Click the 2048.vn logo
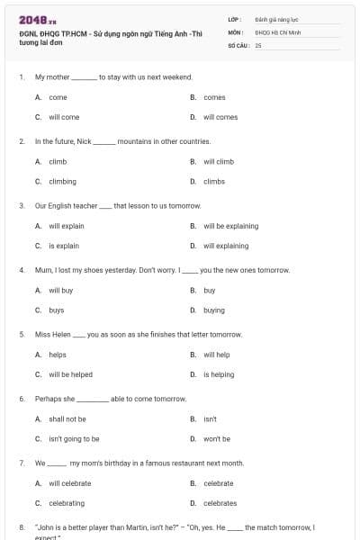pos(31,20)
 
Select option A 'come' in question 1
pos(58,97)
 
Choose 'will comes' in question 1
pos(220,117)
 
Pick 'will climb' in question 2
pos(218,162)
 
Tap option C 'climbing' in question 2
pos(62,181)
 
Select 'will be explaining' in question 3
pos(230,226)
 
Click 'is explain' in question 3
pos(64,246)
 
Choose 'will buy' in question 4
pos(60,291)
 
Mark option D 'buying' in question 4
pos(214,310)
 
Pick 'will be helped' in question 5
pos(70,374)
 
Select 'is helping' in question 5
pos(218,374)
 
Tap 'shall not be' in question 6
pos(67,418)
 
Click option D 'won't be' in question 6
pos(216,438)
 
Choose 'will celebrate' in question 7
pos(69,483)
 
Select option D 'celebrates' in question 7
pos(220,503)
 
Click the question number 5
pos(21,334)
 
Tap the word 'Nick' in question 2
pos(85,141)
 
